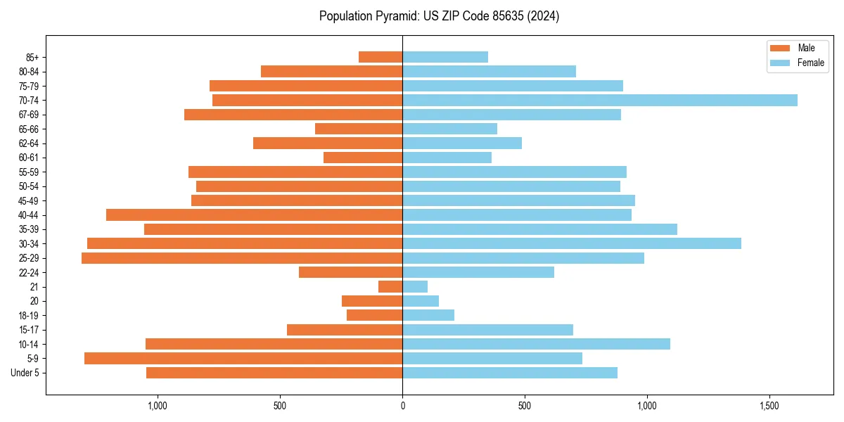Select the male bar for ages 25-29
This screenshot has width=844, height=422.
[242, 258]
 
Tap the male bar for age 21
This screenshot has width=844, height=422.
[390, 287]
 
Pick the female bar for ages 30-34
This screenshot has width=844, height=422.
[571, 243]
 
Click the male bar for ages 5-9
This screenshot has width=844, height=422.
[243, 359]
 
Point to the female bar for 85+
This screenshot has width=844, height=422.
[445, 57]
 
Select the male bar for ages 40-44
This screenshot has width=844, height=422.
[254, 215]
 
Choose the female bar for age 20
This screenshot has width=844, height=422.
[421, 301]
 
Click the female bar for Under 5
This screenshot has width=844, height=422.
[509, 373]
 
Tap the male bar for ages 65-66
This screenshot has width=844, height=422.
[359, 129]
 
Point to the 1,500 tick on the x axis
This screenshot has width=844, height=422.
[769, 406]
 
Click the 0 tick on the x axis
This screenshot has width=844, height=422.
[402, 406]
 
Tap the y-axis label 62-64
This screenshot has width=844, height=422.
[29, 143]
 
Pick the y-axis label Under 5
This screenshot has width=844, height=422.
[25, 373]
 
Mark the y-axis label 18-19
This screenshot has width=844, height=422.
[29, 316]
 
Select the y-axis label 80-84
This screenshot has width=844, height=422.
[29, 72]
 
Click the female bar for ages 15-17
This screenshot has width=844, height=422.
[487, 330]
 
